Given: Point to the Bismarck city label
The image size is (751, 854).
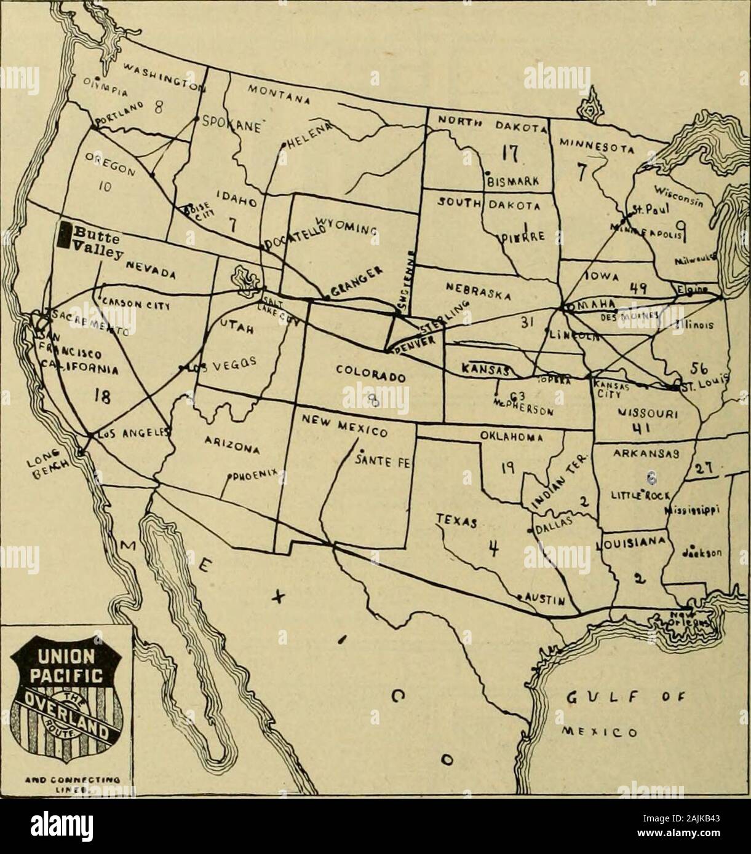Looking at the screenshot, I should click(513, 181).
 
